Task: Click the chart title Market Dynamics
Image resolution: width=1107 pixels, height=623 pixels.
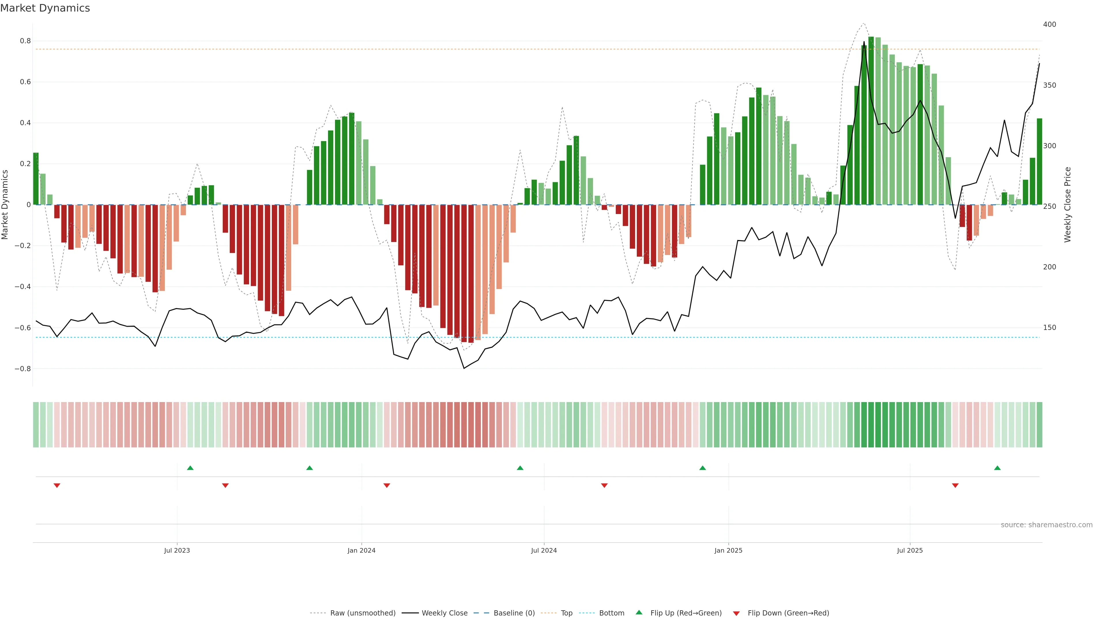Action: point(45,8)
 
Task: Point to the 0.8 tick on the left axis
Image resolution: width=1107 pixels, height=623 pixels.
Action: point(26,41)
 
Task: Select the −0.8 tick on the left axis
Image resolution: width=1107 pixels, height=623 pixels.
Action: point(23,369)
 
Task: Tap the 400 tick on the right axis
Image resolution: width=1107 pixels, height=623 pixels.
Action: point(1049,25)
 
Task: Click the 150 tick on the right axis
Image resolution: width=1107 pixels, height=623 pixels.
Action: point(1049,328)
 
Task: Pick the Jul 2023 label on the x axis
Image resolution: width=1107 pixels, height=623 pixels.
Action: point(177,550)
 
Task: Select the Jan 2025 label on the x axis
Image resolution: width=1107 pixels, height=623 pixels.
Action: point(728,550)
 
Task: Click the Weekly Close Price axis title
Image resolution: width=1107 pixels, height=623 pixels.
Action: point(1068,205)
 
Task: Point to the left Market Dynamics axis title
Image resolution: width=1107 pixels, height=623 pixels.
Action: point(5,205)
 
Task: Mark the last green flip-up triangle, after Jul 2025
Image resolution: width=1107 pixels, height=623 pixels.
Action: point(997,468)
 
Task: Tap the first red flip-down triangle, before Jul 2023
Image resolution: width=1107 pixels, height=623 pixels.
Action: point(57,485)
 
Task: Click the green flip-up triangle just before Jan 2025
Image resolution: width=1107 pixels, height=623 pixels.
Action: point(702,468)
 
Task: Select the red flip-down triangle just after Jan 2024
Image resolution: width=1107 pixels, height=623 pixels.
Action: point(386,485)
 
